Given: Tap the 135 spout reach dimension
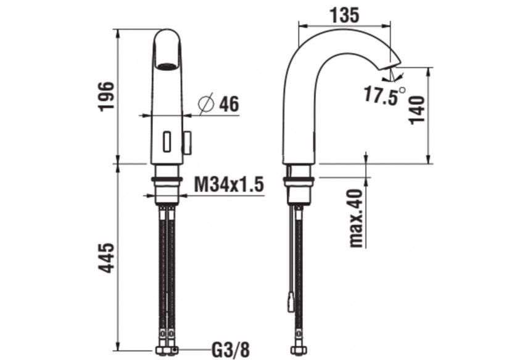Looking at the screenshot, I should pyautogui.click(x=344, y=15).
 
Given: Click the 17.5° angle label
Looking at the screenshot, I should pyautogui.click(x=384, y=96).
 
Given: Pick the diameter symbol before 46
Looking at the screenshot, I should pyautogui.click(x=206, y=104).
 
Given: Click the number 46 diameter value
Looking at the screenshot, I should pyautogui.click(x=229, y=104).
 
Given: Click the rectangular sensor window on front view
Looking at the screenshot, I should pyautogui.click(x=167, y=142).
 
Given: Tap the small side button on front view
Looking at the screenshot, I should pyautogui.click(x=187, y=142).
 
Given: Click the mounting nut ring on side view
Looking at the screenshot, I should pyautogui.click(x=299, y=181).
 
